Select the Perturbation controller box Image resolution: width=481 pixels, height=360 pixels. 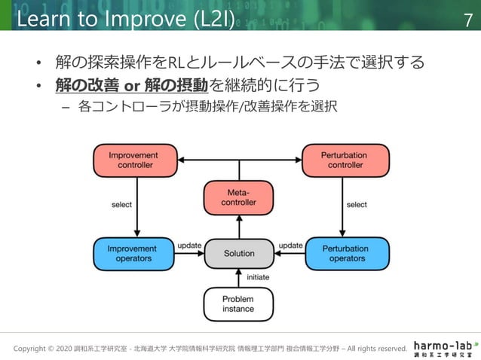(x=345, y=160)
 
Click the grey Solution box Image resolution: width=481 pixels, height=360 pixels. (x=240, y=254)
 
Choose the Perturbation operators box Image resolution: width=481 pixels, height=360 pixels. (x=345, y=254)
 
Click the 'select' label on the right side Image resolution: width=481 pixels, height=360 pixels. (x=357, y=204)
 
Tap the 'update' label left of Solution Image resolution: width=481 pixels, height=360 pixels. (x=188, y=246)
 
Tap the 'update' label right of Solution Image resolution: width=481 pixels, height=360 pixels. (x=290, y=246)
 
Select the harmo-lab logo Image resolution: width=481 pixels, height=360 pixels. (x=445, y=346)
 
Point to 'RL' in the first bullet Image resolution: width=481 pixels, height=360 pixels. (x=186, y=61)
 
